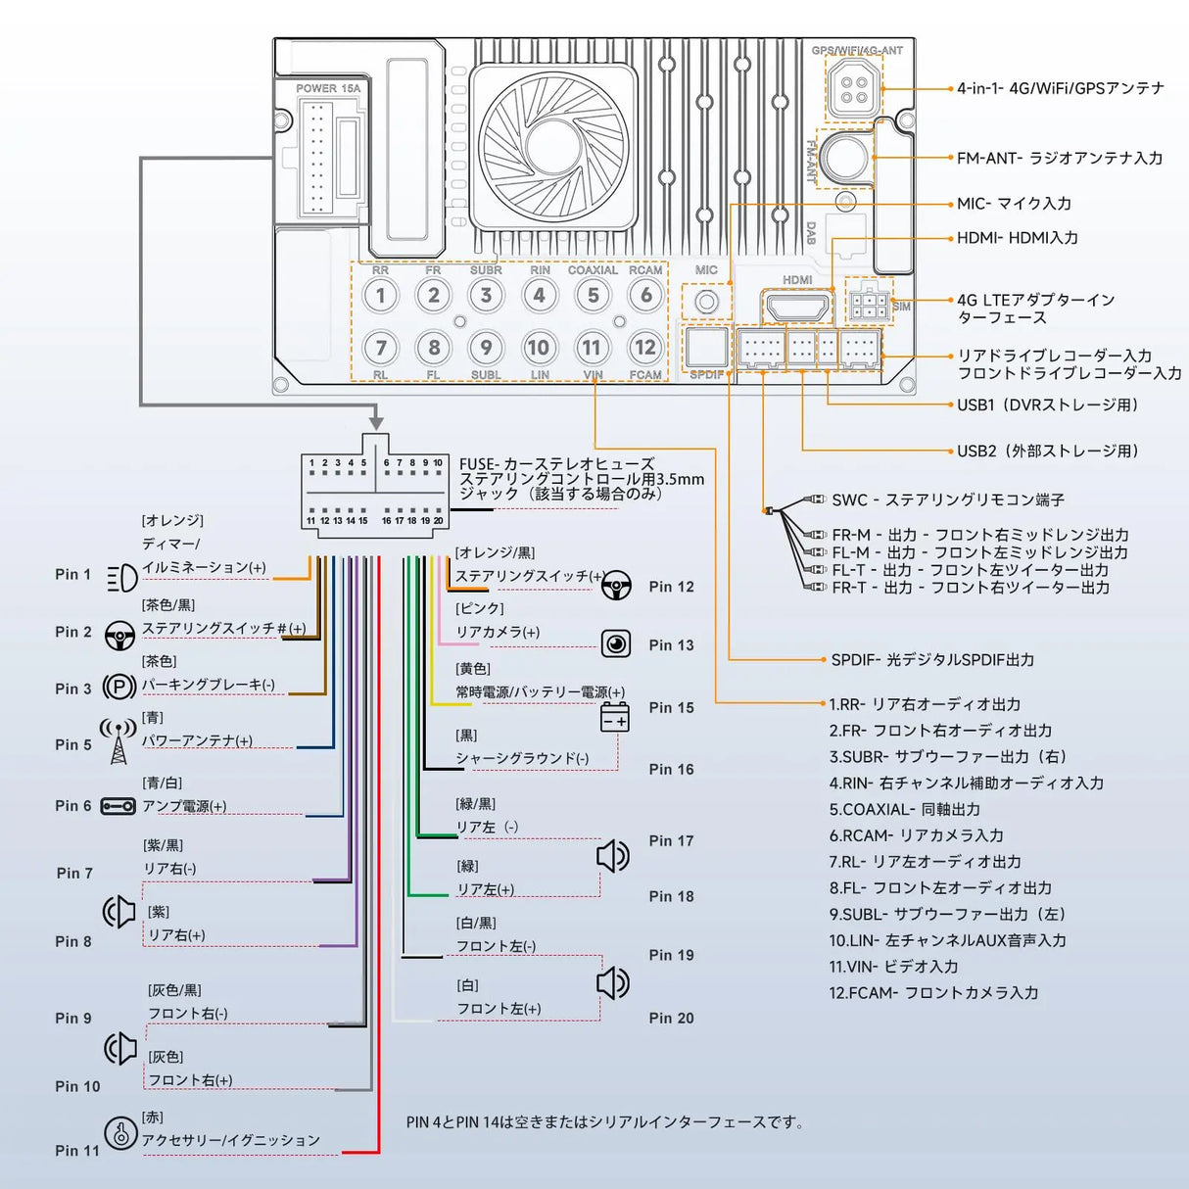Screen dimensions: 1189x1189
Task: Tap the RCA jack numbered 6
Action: point(645,295)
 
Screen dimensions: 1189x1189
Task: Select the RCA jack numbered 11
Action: point(592,347)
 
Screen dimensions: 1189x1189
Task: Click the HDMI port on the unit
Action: point(797,307)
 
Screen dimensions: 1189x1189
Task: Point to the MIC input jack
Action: point(706,302)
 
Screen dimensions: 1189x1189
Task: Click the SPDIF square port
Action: point(706,347)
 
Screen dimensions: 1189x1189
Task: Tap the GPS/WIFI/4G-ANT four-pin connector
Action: point(854,88)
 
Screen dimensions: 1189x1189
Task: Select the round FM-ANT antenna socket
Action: point(844,157)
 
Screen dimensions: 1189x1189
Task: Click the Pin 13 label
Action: point(671,645)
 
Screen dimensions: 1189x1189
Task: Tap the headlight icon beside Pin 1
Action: point(121,577)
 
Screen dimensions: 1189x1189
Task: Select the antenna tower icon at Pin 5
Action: point(119,742)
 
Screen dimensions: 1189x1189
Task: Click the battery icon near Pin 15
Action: point(614,717)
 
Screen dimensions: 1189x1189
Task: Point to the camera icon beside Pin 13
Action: point(616,643)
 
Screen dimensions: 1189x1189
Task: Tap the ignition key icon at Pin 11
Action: point(120,1133)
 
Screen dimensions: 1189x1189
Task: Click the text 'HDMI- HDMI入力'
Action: point(1018,238)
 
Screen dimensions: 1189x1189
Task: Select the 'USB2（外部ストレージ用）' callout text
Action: point(1048,452)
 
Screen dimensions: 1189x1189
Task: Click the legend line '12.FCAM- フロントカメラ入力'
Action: point(933,993)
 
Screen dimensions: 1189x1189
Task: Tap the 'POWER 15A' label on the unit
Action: point(328,88)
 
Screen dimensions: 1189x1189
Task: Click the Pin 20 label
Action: point(671,1019)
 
